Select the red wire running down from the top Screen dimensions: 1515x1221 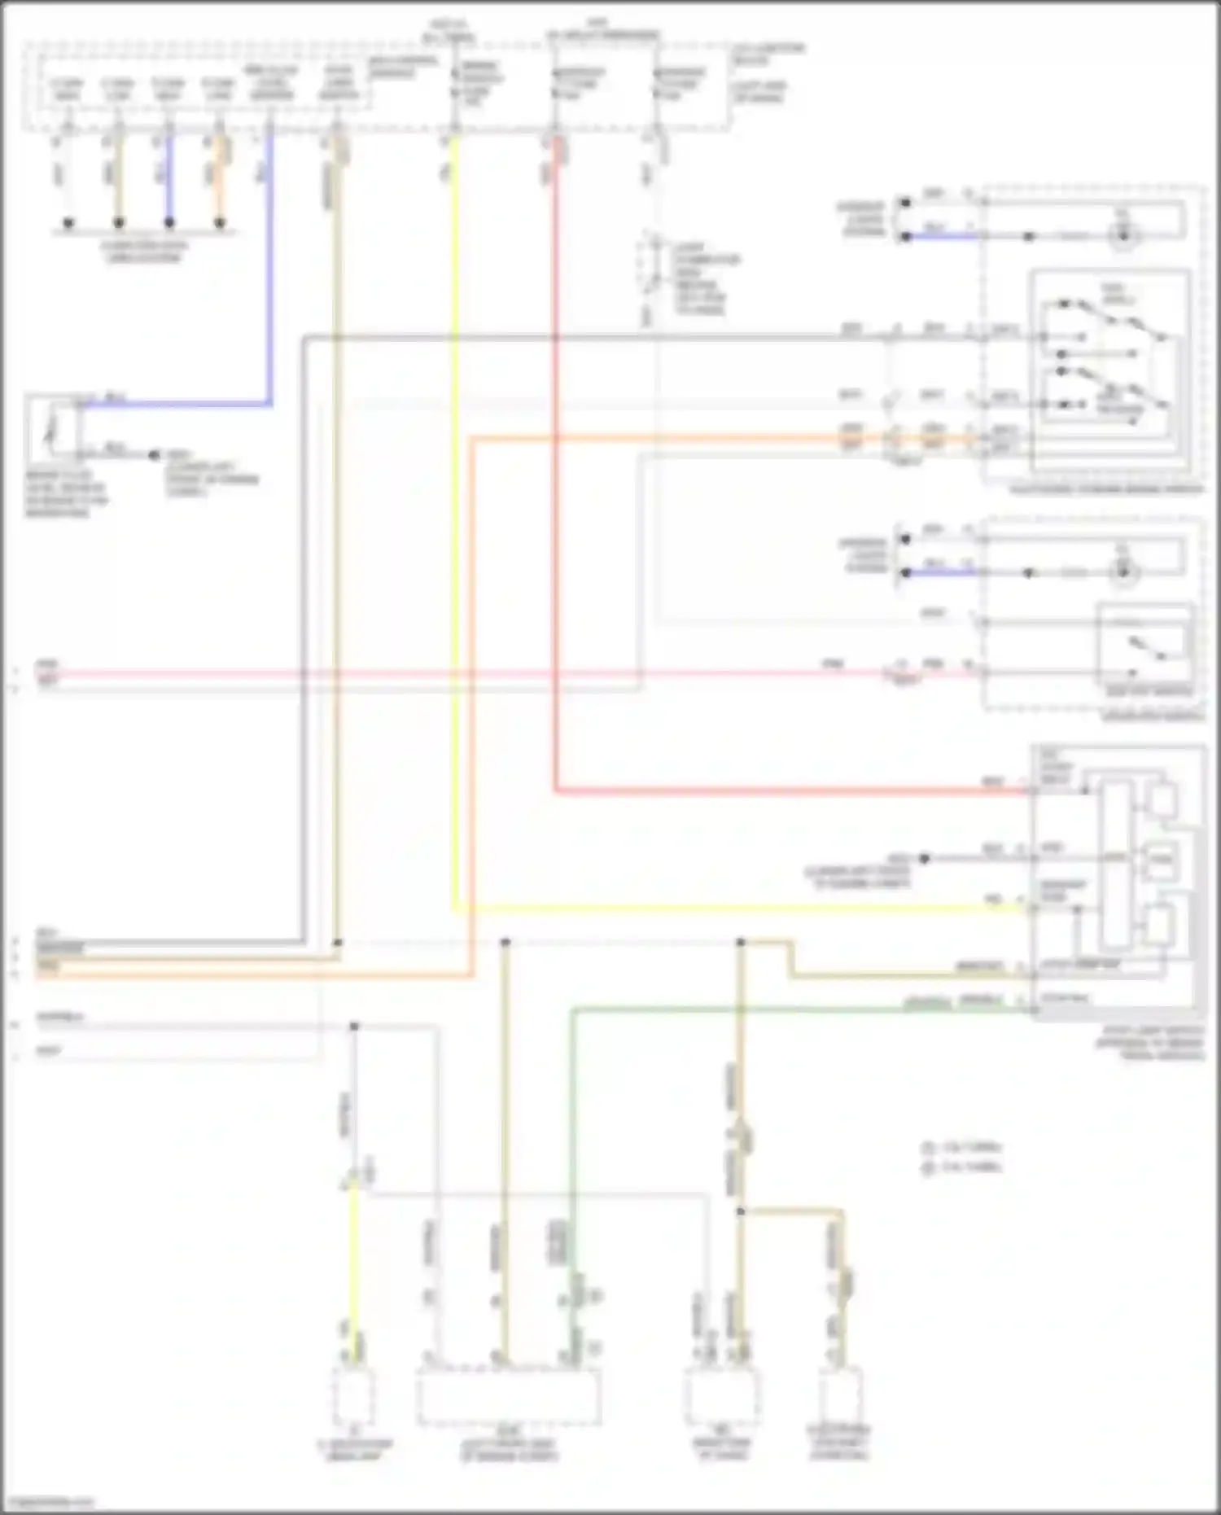coord(556,488)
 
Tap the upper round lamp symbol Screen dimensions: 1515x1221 coord(1123,236)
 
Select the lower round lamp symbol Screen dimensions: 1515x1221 coord(1123,572)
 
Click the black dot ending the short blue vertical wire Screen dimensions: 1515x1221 coord(169,222)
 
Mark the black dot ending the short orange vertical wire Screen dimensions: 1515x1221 coord(220,222)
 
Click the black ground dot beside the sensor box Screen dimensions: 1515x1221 coord(154,455)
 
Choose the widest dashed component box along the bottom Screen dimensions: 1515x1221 coord(509,1395)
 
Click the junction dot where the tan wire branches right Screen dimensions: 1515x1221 coord(741,1211)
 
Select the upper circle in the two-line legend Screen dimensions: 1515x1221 coord(927,1148)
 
